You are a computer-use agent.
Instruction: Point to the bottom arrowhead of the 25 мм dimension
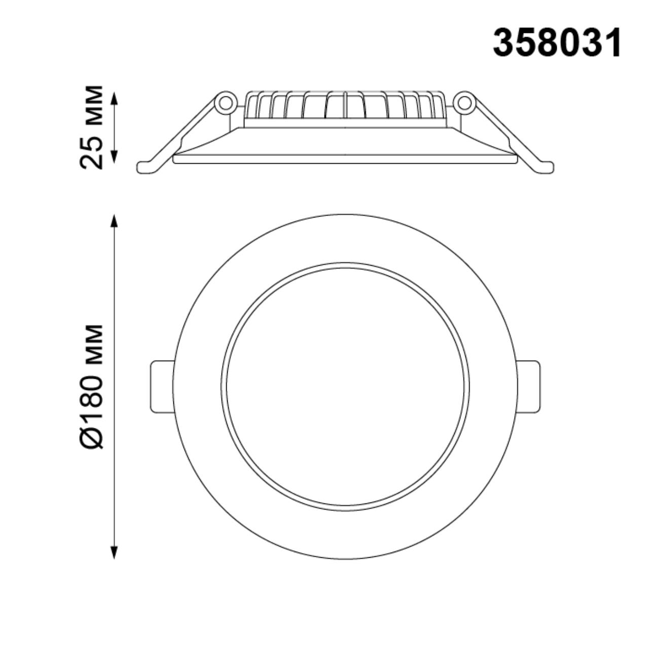(x=115, y=158)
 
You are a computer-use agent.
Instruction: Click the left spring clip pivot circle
(x=225, y=103)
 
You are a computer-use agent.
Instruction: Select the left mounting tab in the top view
(x=162, y=386)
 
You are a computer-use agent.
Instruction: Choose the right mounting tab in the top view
(x=529, y=386)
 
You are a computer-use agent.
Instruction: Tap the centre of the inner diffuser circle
(x=345, y=386)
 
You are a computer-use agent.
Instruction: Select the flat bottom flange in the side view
(x=345, y=159)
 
